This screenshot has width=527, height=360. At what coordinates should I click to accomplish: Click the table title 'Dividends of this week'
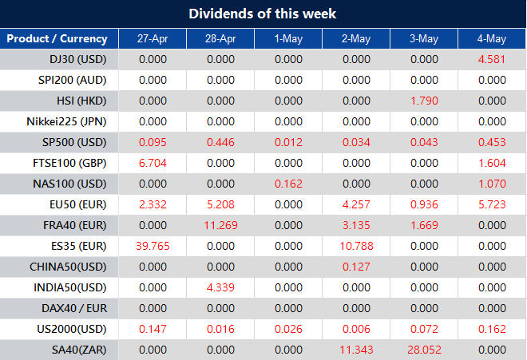tap(263, 14)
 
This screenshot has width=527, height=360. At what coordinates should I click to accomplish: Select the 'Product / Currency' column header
tap(57, 39)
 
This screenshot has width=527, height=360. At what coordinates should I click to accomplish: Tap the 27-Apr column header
tap(153, 39)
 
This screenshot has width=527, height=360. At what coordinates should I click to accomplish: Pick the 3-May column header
tap(423, 39)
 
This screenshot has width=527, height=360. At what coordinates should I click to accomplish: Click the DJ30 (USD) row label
tap(77, 59)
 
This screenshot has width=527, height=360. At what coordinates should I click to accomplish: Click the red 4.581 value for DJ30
tap(492, 59)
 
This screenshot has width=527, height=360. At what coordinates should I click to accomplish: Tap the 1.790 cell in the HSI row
tap(423, 101)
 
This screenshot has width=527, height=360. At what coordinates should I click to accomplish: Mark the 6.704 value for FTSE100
tap(153, 163)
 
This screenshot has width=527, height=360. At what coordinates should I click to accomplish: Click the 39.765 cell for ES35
tap(153, 245)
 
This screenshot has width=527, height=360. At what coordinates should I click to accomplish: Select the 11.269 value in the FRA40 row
tap(220, 224)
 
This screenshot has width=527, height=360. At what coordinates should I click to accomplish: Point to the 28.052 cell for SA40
tap(423, 349)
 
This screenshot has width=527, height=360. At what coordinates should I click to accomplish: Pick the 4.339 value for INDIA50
tap(220, 287)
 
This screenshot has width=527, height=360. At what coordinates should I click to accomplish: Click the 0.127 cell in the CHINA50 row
tap(355, 266)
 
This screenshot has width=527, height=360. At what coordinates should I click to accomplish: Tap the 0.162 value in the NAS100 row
tap(288, 184)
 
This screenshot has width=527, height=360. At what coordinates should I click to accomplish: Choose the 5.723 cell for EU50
tap(492, 204)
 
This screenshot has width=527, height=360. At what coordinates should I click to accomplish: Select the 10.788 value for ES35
tap(355, 245)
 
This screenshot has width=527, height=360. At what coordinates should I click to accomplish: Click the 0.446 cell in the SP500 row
tap(220, 142)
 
